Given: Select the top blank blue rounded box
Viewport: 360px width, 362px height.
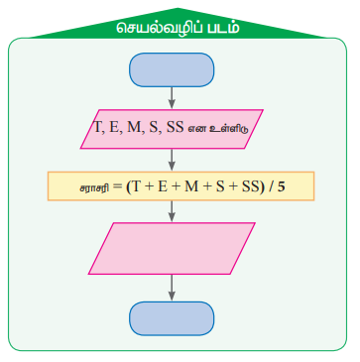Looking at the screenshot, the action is click(x=172, y=70).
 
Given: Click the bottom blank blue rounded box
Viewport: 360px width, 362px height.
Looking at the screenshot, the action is click(x=172, y=318).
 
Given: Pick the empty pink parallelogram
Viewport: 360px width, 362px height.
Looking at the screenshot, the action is click(x=172, y=248).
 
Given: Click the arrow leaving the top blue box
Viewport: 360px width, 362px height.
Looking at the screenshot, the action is click(x=172, y=97).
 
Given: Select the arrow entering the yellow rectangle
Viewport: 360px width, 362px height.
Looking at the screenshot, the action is click(x=172, y=160).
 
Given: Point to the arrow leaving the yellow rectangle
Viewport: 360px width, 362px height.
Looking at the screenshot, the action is click(x=172, y=211).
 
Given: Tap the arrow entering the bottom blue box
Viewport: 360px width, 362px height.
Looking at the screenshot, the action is click(x=172, y=288).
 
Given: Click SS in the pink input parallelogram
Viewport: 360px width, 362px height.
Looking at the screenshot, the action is click(x=175, y=128).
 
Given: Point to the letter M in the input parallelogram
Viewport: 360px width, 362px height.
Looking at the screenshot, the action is click(x=134, y=128).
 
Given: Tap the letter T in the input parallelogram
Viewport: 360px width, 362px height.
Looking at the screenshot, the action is click(x=98, y=128).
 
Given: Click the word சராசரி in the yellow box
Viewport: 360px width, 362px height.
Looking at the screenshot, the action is click(x=94, y=188).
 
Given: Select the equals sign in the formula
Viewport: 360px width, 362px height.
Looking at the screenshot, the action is click(x=117, y=187).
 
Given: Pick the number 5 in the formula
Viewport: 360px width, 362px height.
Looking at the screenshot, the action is click(x=281, y=187).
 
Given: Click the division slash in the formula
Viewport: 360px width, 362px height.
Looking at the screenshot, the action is click(x=271, y=187).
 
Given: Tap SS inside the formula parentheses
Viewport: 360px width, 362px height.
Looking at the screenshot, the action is click(x=250, y=187).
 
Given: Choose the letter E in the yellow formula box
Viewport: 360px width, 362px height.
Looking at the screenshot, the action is click(x=162, y=187).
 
